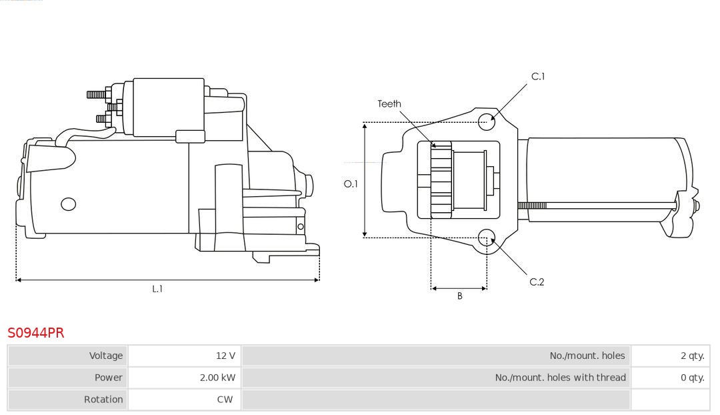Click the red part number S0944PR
(x=36, y=333)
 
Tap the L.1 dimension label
(x=157, y=289)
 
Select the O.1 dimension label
(x=351, y=183)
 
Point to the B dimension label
(x=459, y=296)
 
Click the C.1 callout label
(x=537, y=77)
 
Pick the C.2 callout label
(x=537, y=282)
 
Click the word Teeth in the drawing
(x=389, y=103)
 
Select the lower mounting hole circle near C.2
(x=487, y=237)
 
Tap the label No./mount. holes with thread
(x=560, y=378)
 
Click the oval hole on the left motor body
(x=68, y=204)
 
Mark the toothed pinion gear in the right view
(x=441, y=180)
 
